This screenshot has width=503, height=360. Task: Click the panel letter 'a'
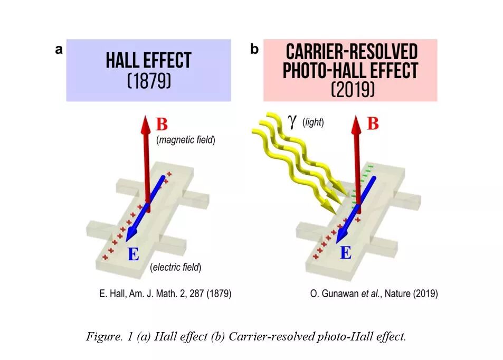[x=59, y=50]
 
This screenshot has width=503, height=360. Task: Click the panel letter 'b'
[x=254, y=50]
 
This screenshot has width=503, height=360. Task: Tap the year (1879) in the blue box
[x=149, y=82]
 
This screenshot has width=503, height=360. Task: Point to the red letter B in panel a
[x=162, y=125]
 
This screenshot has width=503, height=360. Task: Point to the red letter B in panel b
[x=373, y=124]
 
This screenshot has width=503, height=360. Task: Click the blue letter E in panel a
[x=134, y=255]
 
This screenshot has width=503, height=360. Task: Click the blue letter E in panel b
[x=345, y=253]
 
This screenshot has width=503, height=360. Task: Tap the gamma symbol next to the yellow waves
[x=292, y=121]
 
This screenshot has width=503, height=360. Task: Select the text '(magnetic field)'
[x=185, y=141]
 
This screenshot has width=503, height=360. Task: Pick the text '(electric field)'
[x=176, y=268]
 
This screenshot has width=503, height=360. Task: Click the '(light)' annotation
[x=313, y=122]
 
